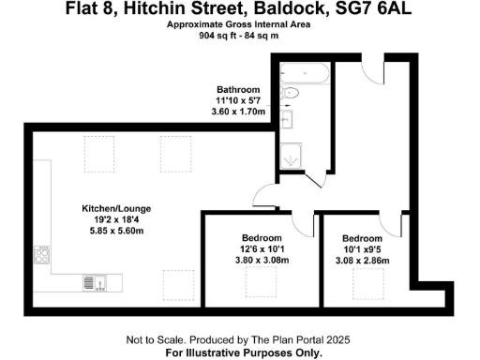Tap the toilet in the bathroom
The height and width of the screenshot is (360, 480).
click(x=290, y=93)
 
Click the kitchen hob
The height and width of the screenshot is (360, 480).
click(x=42, y=255)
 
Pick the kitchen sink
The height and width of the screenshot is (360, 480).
click(x=90, y=280)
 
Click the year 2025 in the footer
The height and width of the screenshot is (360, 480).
click(x=338, y=338)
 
